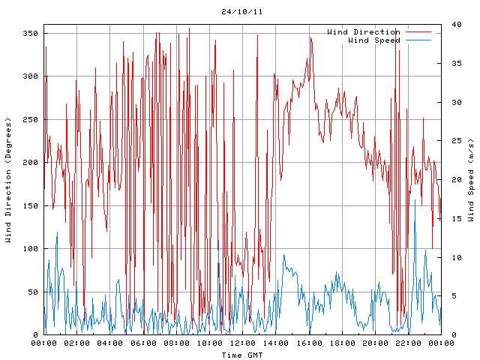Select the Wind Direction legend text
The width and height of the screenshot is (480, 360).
click(363, 32)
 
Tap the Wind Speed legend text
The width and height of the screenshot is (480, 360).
click(374, 40)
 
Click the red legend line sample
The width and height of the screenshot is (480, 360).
click(418, 32)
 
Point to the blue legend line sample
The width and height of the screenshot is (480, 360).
click(418, 40)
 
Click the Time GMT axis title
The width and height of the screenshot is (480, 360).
click(241, 355)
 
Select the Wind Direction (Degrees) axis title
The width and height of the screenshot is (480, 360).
click(9, 180)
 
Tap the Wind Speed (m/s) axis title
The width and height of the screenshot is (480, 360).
click(471, 180)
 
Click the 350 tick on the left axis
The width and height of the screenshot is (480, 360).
click(30, 34)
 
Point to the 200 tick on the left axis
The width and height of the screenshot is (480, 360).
click(30, 163)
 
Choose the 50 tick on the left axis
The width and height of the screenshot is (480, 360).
click(32, 292)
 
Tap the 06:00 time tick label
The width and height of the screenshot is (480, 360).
click(143, 343)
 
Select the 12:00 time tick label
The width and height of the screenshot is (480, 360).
click(242, 343)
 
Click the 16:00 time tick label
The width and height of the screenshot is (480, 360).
click(309, 343)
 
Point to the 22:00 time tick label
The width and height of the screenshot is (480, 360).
click(408, 343)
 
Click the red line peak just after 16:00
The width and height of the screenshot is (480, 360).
click(310, 38)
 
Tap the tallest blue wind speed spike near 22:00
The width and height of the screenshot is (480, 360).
click(415, 220)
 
